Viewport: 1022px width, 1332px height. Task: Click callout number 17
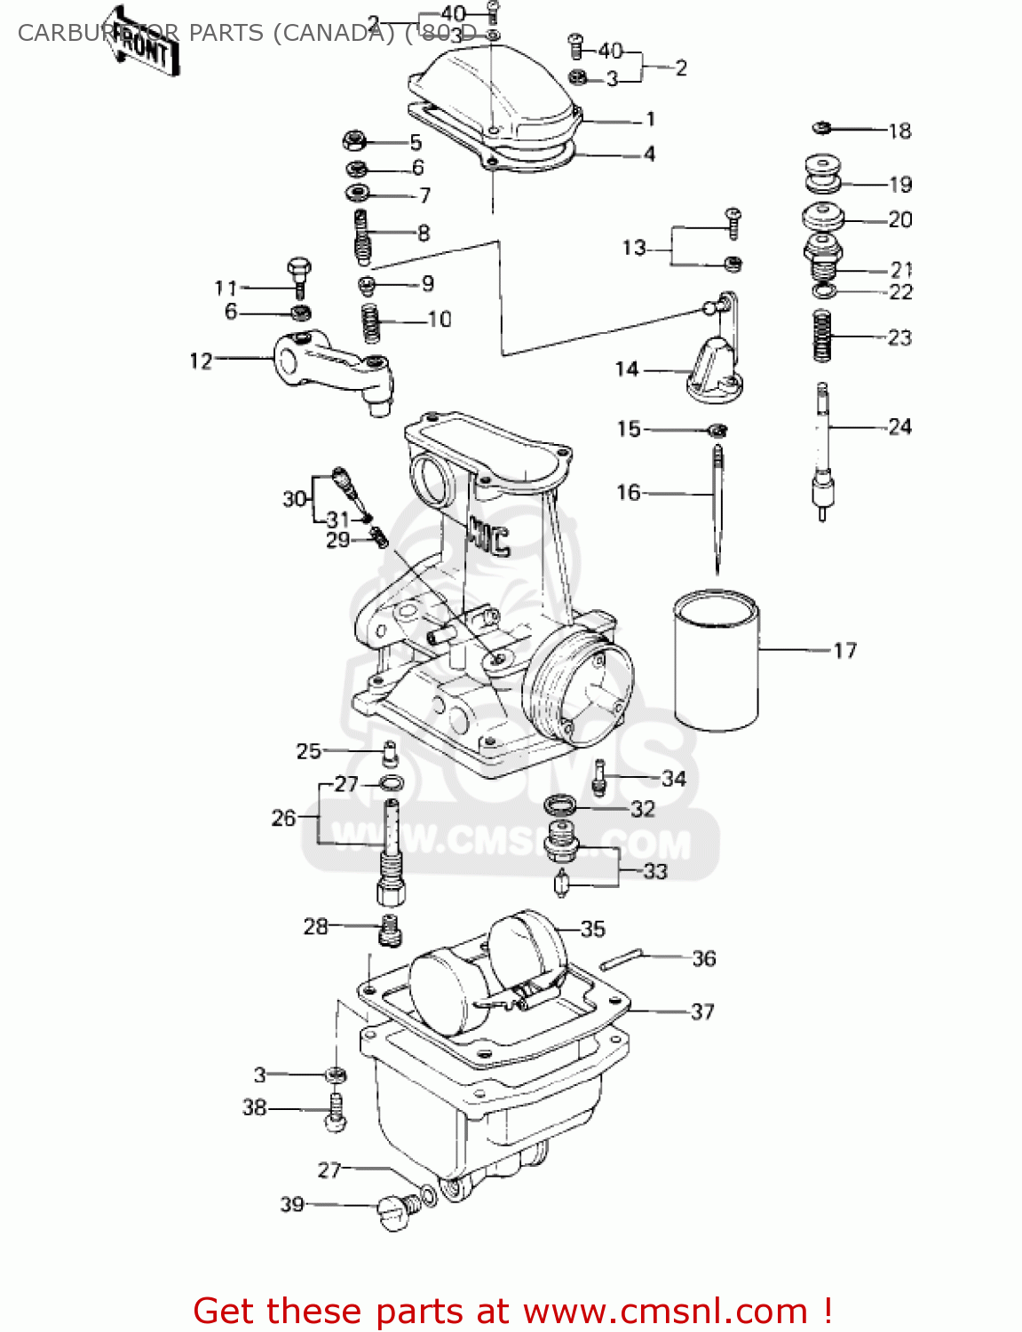pyautogui.click(x=844, y=651)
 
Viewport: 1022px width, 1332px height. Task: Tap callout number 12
pyautogui.click(x=202, y=361)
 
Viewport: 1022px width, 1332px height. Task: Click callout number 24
pyautogui.click(x=899, y=427)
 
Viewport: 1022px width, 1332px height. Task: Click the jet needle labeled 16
pyautogui.click(x=717, y=506)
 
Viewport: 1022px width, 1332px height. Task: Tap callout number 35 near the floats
pyautogui.click(x=592, y=929)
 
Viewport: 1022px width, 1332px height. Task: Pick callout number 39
pyautogui.click(x=292, y=1204)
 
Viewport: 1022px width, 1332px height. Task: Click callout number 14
pyautogui.click(x=627, y=369)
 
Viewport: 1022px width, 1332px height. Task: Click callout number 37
pyautogui.click(x=702, y=1011)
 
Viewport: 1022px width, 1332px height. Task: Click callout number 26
pyautogui.click(x=283, y=817)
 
